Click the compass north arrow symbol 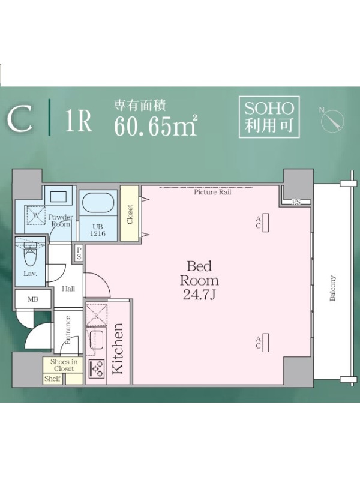pos(332,119)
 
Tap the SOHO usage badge pos(269,116)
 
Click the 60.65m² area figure pos(155,126)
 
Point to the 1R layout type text pos(79,121)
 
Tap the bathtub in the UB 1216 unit pos(98,202)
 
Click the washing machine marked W pos(35,215)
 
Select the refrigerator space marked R pos(96,316)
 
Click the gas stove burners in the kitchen pos(96,368)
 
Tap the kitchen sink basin pos(97,340)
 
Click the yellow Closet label pos(130,215)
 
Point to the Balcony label pos(333,288)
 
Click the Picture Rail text pos(212,192)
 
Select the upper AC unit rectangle pos(266,222)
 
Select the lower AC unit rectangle pos(266,343)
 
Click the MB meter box pos(33,299)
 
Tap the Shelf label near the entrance pos(52,379)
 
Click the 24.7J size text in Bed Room pos(199,295)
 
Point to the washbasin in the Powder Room pos(58,196)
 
